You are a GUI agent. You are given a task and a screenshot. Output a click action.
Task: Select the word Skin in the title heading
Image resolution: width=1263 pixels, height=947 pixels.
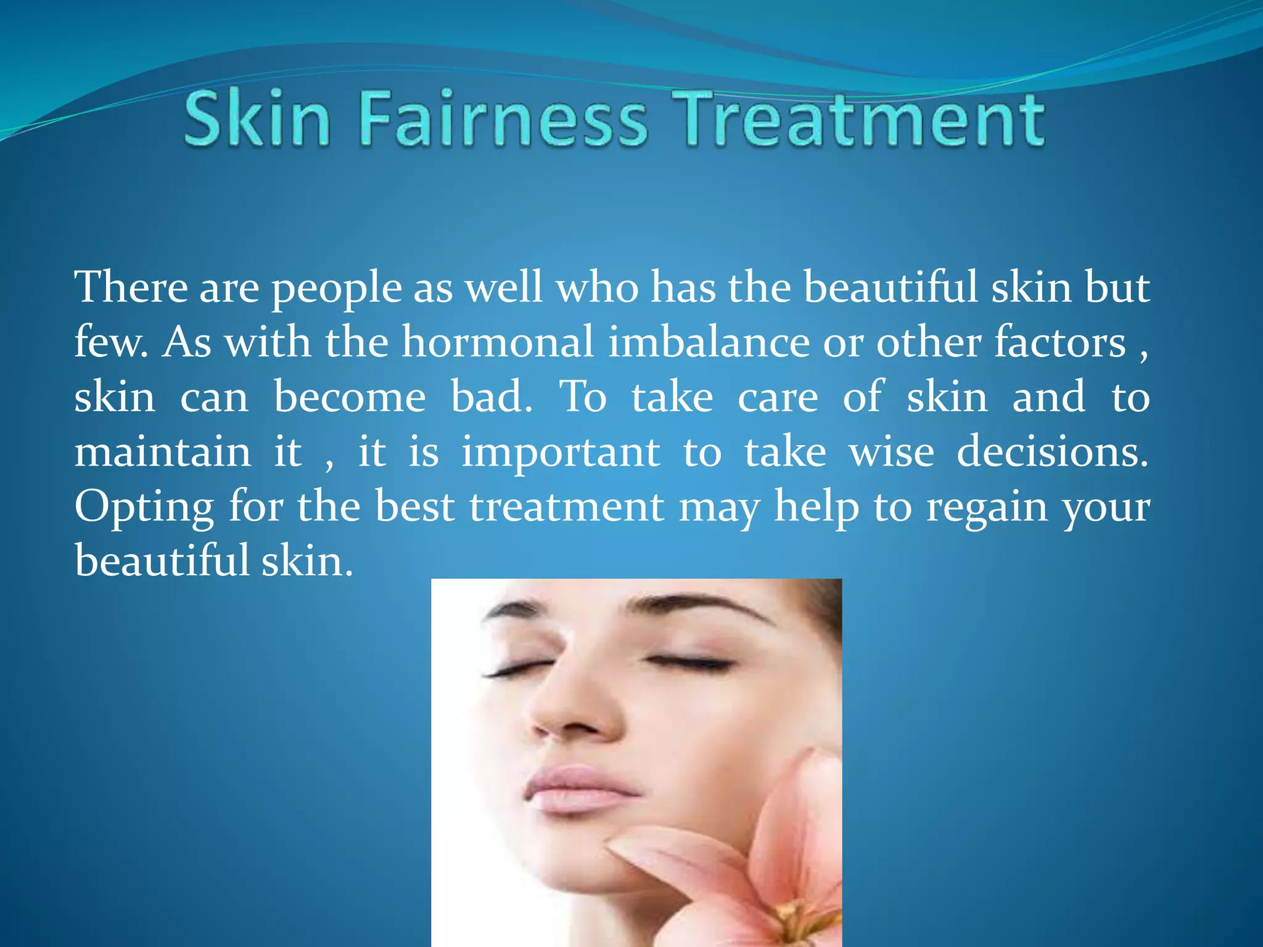(257, 118)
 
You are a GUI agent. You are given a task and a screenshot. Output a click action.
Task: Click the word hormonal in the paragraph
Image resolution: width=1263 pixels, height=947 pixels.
(497, 342)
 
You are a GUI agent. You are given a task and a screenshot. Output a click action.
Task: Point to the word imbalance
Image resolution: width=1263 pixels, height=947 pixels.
(709, 342)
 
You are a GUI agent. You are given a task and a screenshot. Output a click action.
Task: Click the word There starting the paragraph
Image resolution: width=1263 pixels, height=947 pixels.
(131, 287)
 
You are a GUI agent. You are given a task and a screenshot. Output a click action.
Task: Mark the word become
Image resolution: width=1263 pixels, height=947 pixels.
(350, 396)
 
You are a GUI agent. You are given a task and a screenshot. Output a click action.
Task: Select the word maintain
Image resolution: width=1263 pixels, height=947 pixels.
(163, 451)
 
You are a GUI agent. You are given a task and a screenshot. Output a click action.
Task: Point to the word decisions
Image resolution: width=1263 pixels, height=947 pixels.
(1052, 451)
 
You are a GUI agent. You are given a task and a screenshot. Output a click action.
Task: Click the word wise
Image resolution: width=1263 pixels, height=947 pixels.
(891, 451)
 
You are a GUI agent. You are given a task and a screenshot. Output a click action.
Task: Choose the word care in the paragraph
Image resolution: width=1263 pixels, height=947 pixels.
(778, 398)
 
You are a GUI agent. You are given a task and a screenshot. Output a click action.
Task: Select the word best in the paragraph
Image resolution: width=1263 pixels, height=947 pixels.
(414, 506)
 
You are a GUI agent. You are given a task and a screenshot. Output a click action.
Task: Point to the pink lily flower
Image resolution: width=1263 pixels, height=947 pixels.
(765, 875)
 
